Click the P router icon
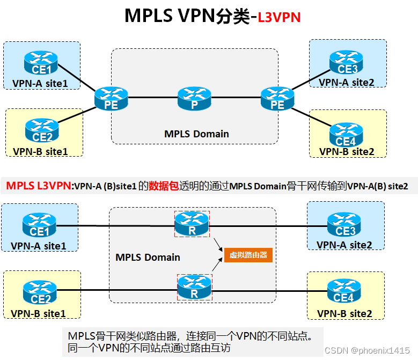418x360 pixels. [x=194, y=98]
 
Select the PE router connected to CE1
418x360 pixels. [x=111, y=98]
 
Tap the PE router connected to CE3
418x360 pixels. [x=277, y=98]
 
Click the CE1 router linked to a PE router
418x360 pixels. [x=41, y=64]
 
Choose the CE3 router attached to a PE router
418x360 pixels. [x=346, y=63]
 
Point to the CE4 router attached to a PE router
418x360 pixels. [x=346, y=135]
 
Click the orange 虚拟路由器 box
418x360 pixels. [x=248, y=255]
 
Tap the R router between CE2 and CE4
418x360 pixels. [x=194, y=287]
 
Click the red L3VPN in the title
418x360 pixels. [x=279, y=17]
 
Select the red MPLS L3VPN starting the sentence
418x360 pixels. [x=38, y=186]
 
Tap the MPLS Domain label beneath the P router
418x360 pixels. [x=196, y=134]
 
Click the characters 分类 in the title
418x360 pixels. [x=232, y=16]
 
